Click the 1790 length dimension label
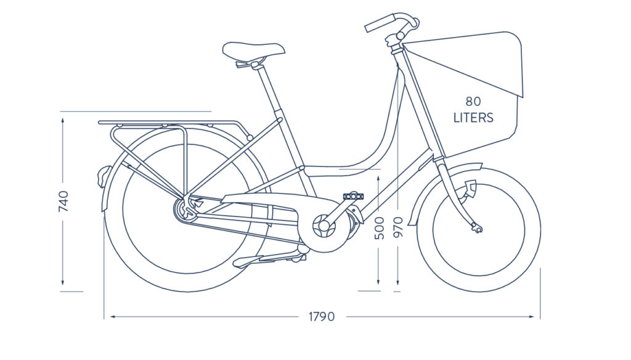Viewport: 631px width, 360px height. pyautogui.click(x=322, y=316)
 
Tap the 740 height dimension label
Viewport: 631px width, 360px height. pyautogui.click(x=63, y=202)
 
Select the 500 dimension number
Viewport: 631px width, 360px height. pyautogui.click(x=380, y=228)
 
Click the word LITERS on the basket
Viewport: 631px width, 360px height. pyautogui.click(x=473, y=118)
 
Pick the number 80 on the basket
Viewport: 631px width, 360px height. pyautogui.click(x=473, y=101)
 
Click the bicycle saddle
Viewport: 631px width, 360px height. pyautogui.click(x=253, y=50)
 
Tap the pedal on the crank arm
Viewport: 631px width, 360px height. pyautogui.click(x=353, y=197)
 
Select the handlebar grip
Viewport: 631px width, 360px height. pyautogui.click(x=380, y=23)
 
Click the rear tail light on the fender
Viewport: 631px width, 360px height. pyautogui.click(x=102, y=176)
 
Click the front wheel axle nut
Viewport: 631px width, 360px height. pyautogui.click(x=478, y=229)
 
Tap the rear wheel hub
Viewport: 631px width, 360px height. pyautogui.click(x=185, y=208)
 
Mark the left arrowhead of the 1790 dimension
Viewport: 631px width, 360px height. pyautogui.click(x=113, y=317)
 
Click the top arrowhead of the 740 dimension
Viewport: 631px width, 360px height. pyautogui.click(x=63, y=120)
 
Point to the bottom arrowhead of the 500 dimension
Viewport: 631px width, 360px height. pyautogui.click(x=379, y=282)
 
